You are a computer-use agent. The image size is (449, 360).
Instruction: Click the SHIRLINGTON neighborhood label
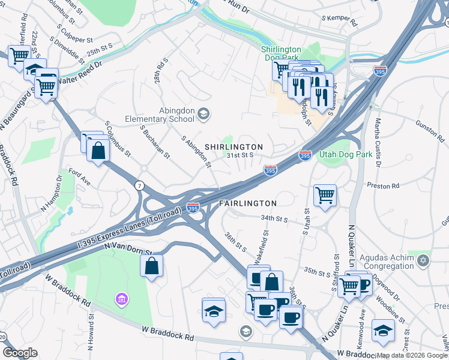click(x=234, y=147)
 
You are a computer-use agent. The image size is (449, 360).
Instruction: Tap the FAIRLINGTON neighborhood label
click(x=247, y=203)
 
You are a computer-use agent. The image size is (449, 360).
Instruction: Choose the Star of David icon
click(x=424, y=261)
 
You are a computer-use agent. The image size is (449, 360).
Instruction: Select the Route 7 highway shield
click(x=139, y=184)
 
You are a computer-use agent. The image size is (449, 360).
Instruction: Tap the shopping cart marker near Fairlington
click(x=325, y=194)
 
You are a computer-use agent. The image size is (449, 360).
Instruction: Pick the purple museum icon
click(x=122, y=299)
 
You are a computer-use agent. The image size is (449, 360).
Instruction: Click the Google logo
click(x=20, y=353)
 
